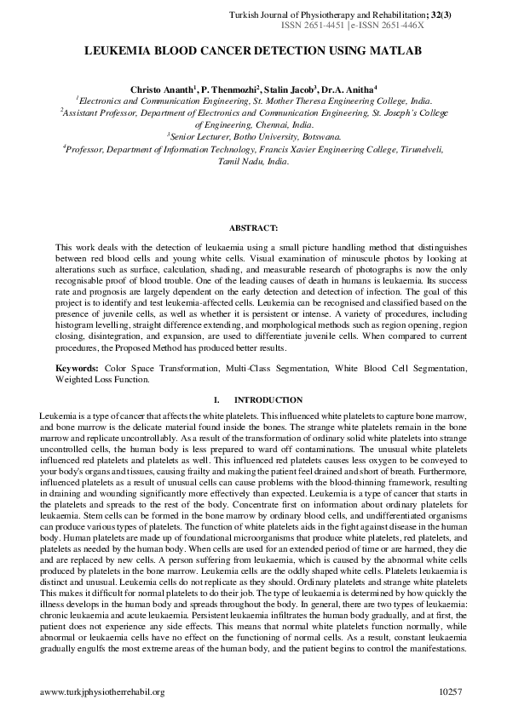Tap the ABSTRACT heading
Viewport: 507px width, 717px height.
[x=253, y=227]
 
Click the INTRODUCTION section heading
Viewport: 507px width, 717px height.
[x=268, y=400]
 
